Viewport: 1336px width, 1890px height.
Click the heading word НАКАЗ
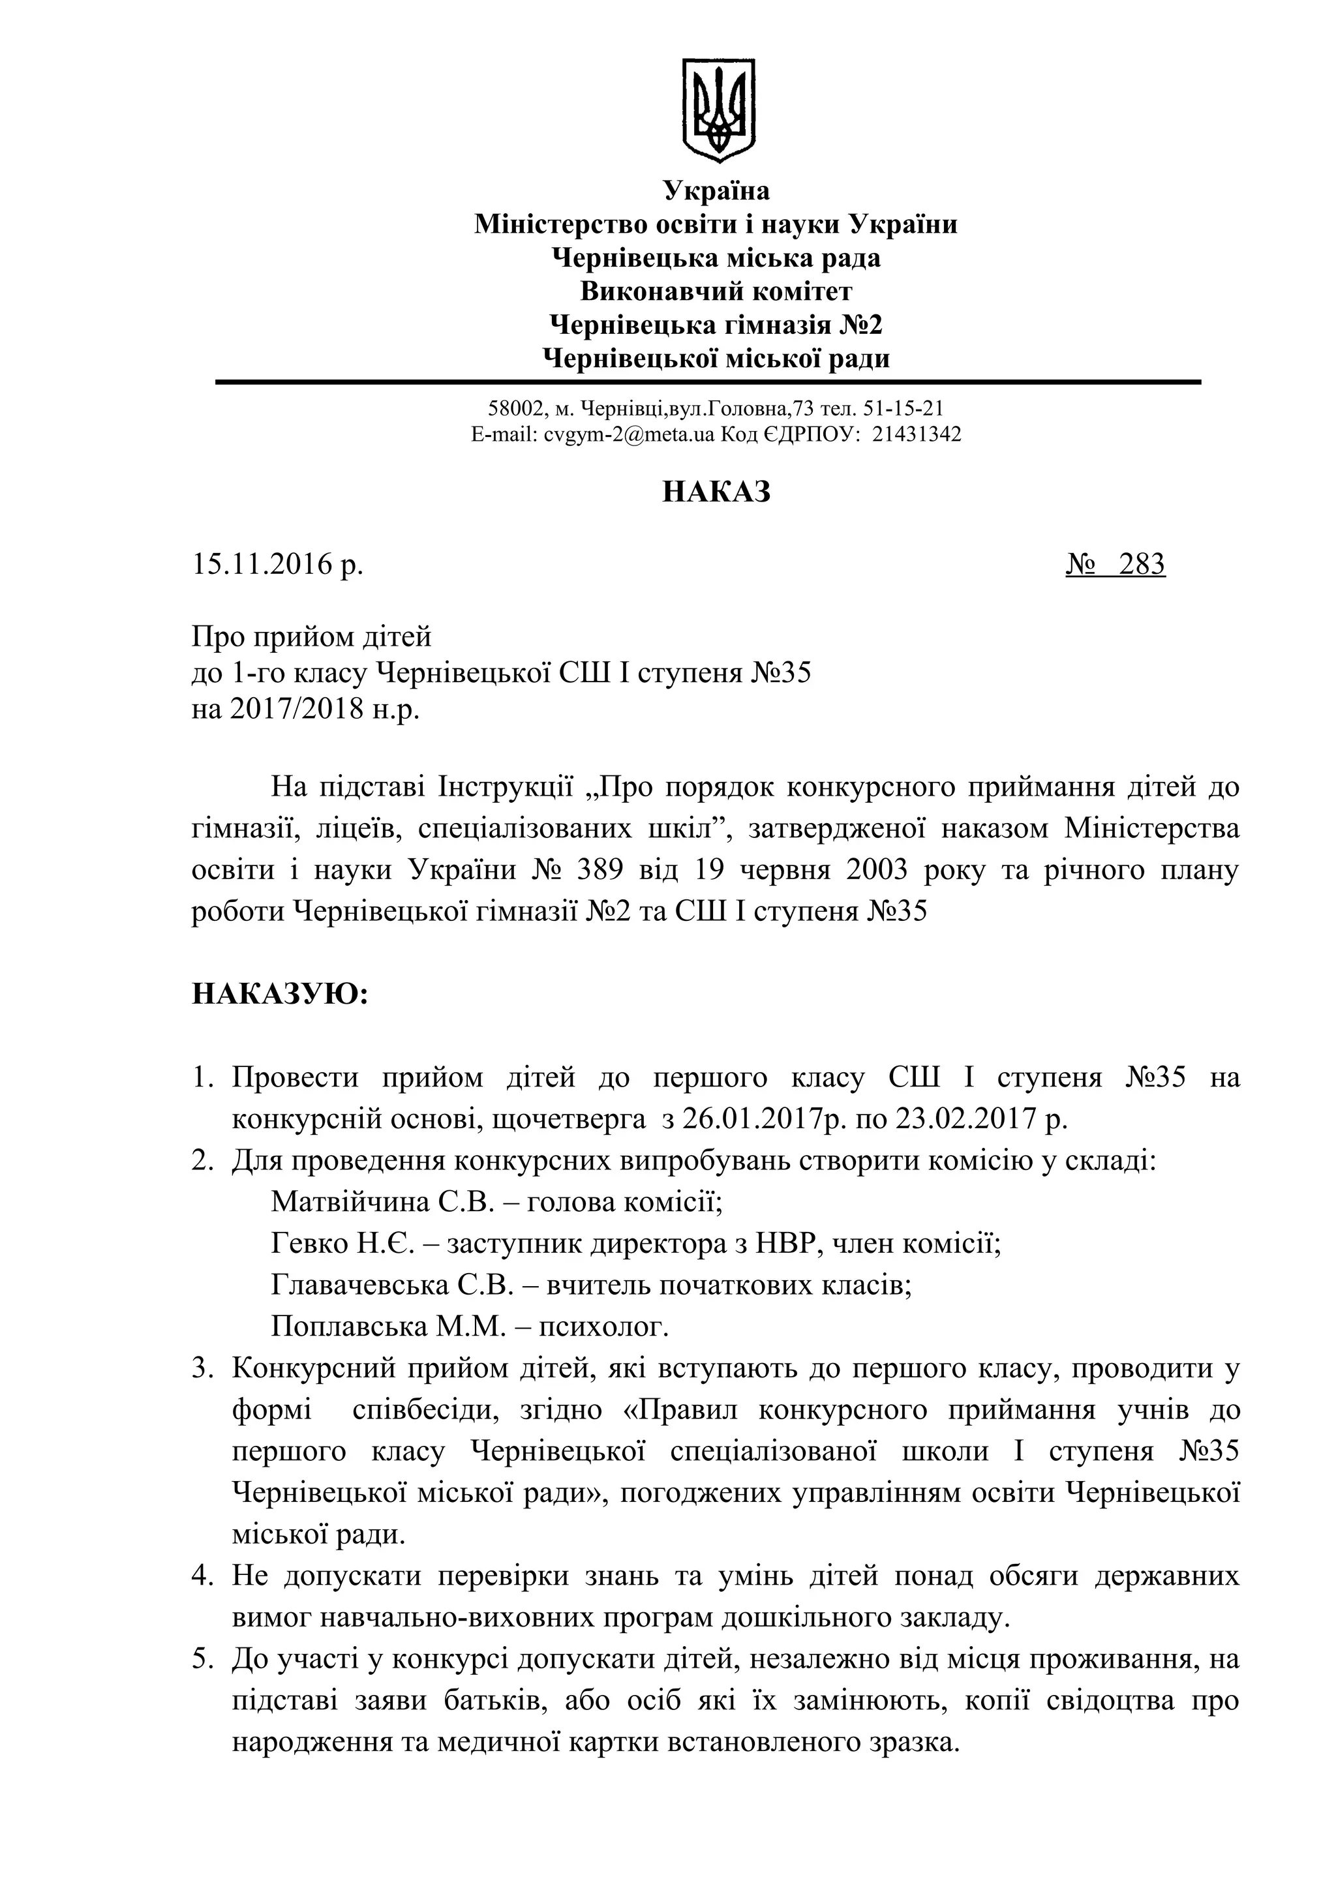point(716,492)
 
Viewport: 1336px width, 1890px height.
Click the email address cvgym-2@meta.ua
point(629,434)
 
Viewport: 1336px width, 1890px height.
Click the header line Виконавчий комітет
point(716,292)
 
